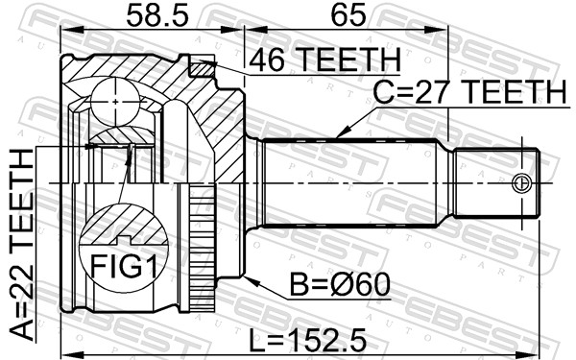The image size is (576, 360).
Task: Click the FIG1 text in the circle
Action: point(115,263)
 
